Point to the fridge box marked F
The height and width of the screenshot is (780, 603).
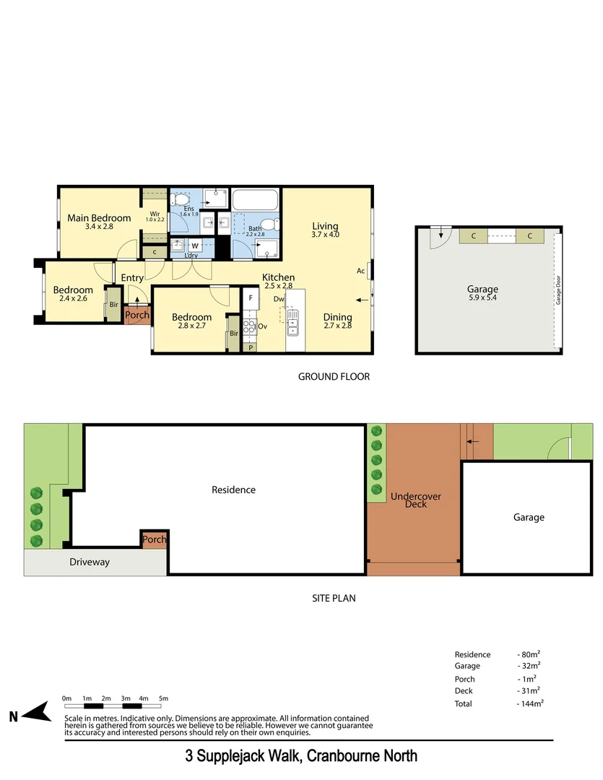click(251, 298)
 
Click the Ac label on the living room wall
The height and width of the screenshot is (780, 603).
click(360, 272)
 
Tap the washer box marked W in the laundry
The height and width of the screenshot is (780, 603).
click(194, 246)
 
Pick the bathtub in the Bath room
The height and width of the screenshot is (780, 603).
click(254, 200)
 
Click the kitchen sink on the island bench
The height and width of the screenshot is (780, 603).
click(292, 323)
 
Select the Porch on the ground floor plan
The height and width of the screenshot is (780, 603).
click(137, 315)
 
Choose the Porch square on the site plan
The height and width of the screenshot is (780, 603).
click(155, 539)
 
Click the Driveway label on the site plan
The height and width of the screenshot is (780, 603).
click(90, 562)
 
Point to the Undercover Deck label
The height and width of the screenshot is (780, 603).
click(415, 500)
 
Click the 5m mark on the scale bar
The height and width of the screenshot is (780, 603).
click(163, 698)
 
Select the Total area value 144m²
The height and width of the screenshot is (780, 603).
click(531, 703)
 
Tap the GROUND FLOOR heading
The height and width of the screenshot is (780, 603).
click(334, 376)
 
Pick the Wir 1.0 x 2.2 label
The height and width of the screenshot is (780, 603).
click(156, 216)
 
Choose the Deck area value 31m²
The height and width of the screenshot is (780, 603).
click(529, 690)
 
